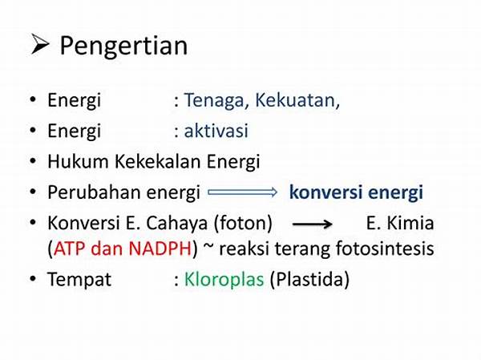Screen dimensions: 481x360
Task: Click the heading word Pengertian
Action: click(x=123, y=46)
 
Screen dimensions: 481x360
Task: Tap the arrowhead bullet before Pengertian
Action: click(x=40, y=45)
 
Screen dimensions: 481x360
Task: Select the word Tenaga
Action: click(x=214, y=101)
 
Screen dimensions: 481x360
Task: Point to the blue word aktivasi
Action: click(x=216, y=131)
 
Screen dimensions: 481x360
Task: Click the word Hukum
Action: click(x=78, y=161)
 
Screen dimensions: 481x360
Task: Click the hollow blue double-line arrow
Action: click(x=242, y=192)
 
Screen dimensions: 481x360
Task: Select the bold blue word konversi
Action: click(x=325, y=192)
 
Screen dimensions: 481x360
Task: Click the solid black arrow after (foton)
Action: click(x=313, y=224)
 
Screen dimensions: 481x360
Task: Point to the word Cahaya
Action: click(x=177, y=224)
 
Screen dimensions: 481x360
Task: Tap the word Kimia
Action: click(x=410, y=223)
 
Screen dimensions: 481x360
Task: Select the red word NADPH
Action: click(x=160, y=248)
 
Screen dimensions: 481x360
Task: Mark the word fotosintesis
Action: click(x=386, y=248)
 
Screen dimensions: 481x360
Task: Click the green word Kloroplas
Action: click(x=224, y=279)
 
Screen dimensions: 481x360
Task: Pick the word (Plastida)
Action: click(x=309, y=279)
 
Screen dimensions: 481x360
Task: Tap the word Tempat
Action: click(x=79, y=280)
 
